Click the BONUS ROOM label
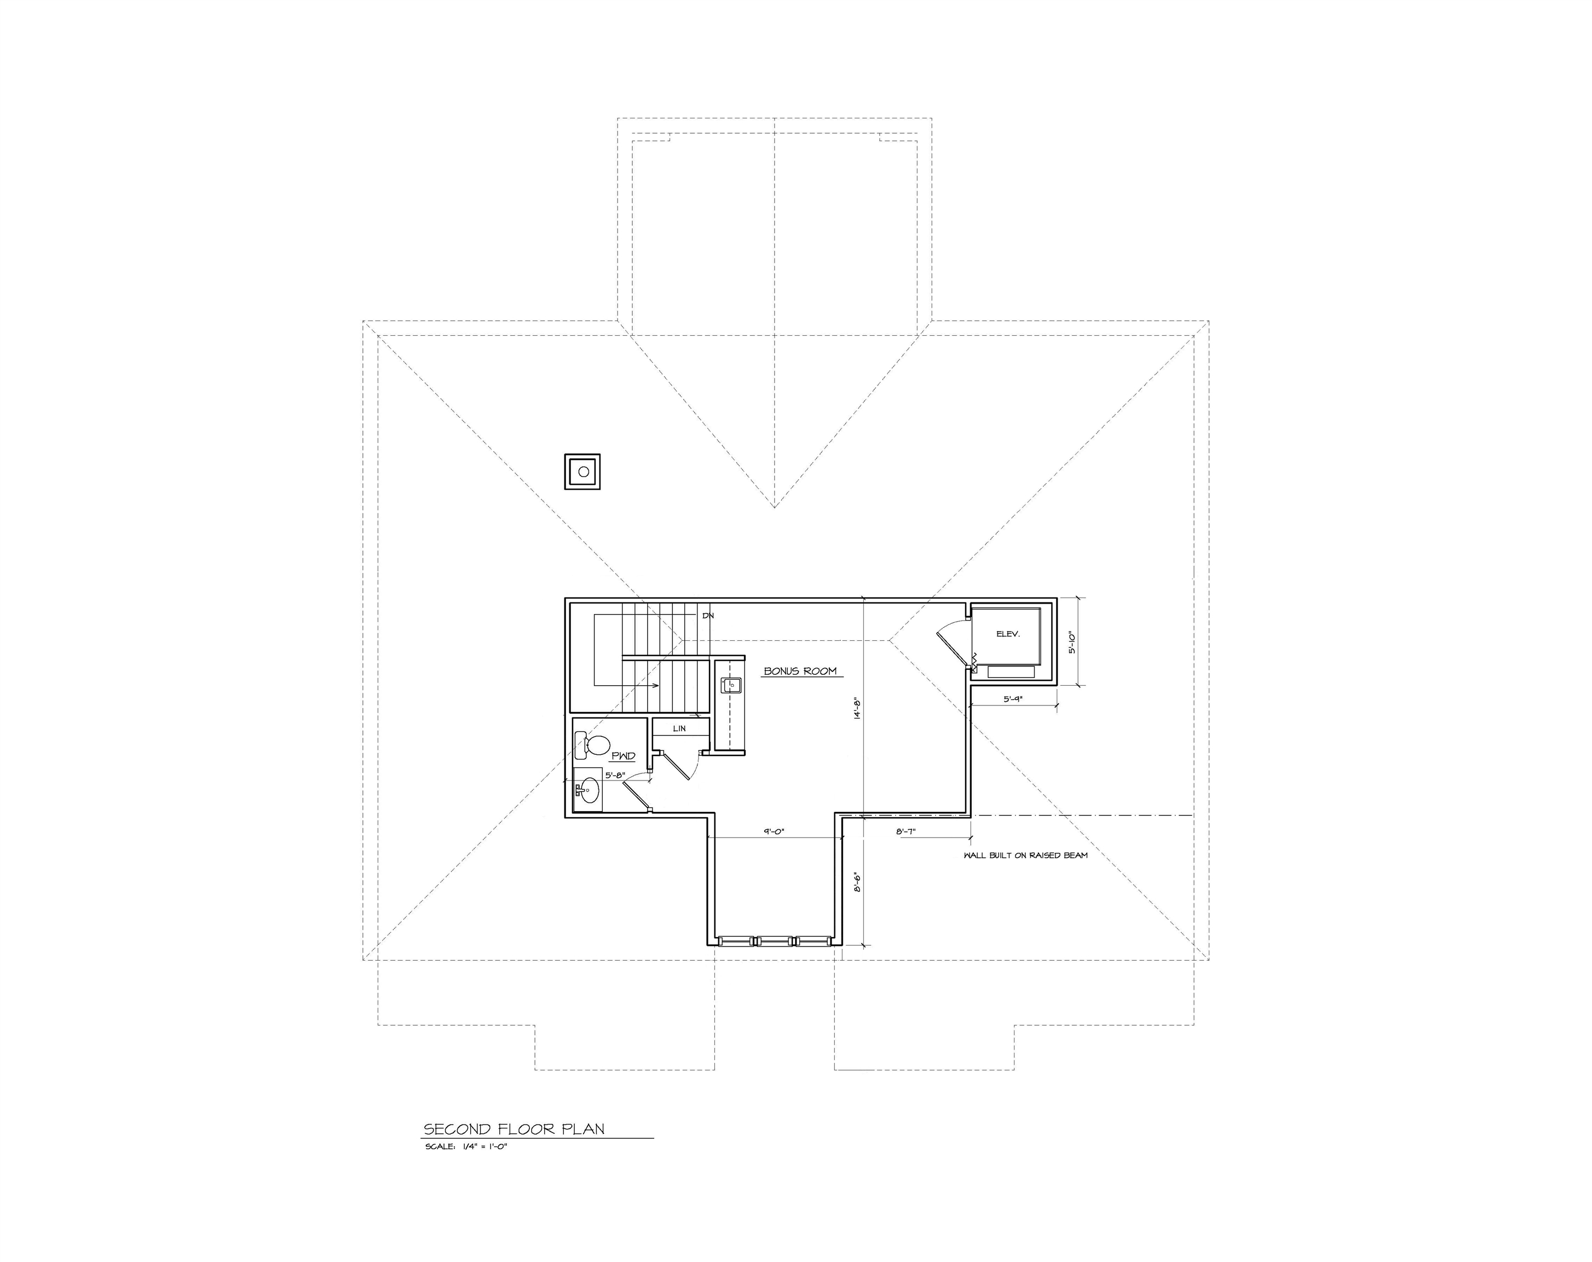pos(800,671)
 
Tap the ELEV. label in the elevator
pos(1007,634)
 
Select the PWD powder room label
pos(622,756)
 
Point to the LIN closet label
pos(679,728)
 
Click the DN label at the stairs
pos(708,616)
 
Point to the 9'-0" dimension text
pos(774,831)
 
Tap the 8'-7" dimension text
pos(905,831)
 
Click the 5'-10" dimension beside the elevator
pos(1073,641)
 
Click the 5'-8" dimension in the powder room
pos(615,776)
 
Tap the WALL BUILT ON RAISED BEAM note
pos(1025,856)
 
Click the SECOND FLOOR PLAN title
pos(514,1129)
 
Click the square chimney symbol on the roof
pos(582,472)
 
